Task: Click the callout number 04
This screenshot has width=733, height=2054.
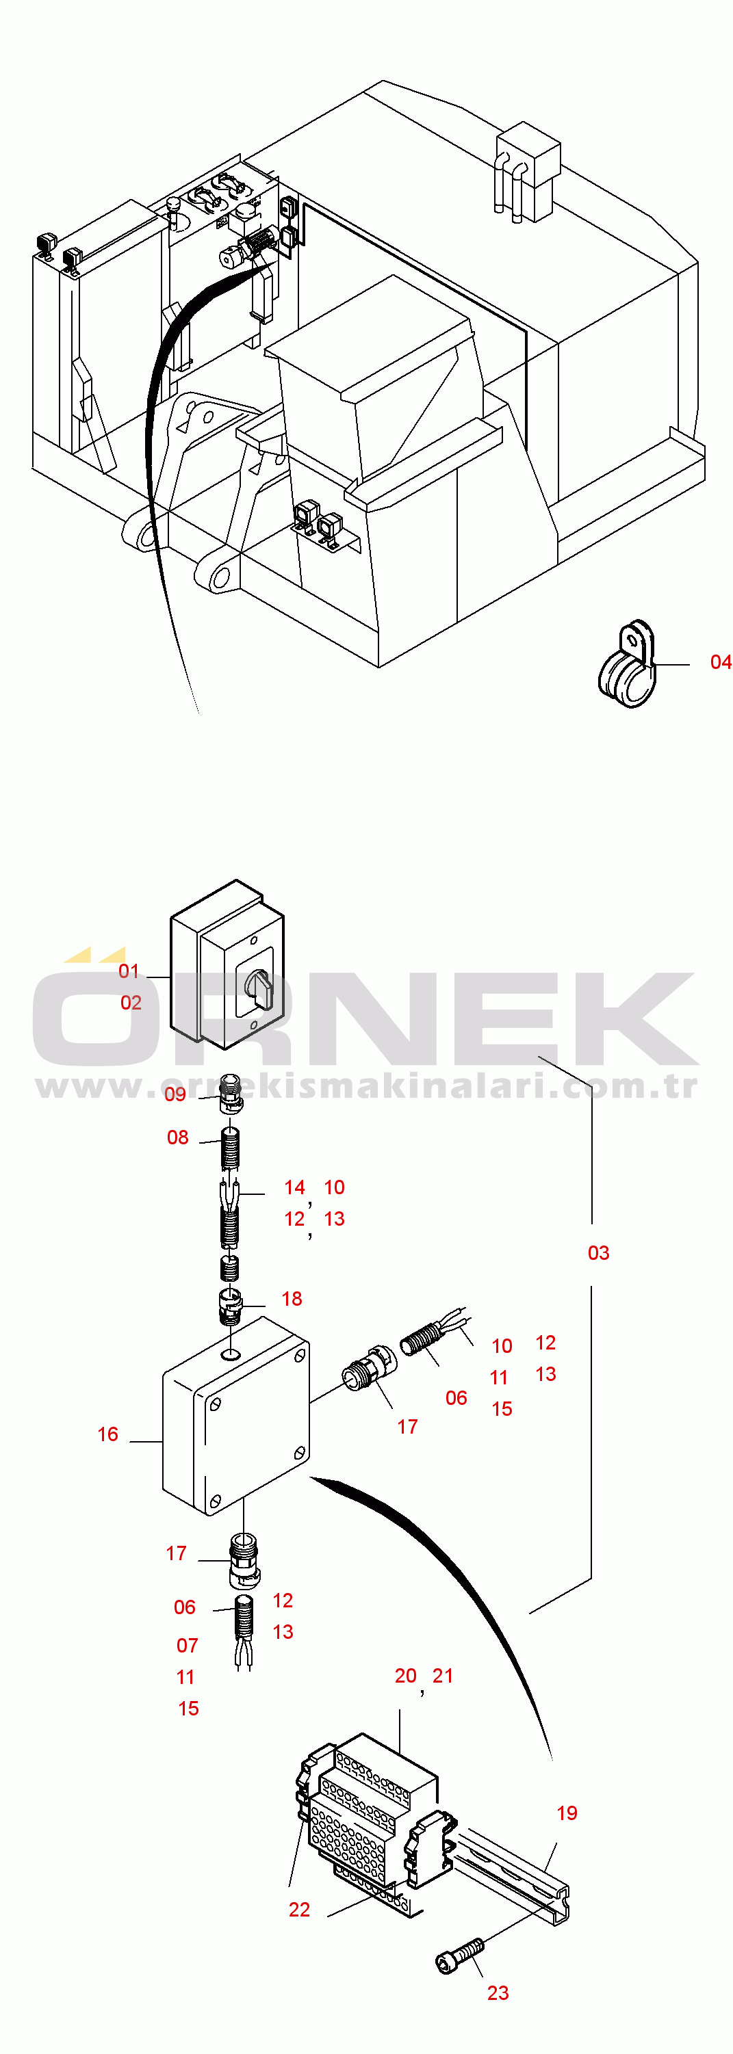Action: pyautogui.click(x=720, y=662)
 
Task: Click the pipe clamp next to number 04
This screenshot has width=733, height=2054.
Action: pyautogui.click(x=627, y=665)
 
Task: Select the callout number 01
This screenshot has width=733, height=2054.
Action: pyautogui.click(x=129, y=971)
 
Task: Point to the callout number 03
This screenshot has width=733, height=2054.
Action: pyautogui.click(x=598, y=1252)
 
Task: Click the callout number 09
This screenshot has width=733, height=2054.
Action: pyautogui.click(x=175, y=1094)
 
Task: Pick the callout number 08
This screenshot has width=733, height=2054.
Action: pyautogui.click(x=177, y=1137)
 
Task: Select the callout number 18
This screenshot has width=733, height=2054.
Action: pyautogui.click(x=292, y=1299)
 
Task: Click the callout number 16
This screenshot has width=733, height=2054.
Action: pyautogui.click(x=107, y=1434)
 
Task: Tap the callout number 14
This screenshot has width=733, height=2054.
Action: pyautogui.click(x=294, y=1187)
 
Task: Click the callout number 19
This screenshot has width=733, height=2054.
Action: pyautogui.click(x=566, y=1813)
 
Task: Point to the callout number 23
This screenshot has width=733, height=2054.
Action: pyautogui.click(x=498, y=1993)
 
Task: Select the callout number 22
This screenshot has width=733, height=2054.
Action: pyautogui.click(x=299, y=1910)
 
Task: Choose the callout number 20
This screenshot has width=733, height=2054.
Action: pyautogui.click(x=405, y=1676)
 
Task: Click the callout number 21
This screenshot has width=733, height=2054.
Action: pyautogui.click(x=443, y=1676)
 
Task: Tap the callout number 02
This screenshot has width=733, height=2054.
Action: pyautogui.click(x=131, y=1002)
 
